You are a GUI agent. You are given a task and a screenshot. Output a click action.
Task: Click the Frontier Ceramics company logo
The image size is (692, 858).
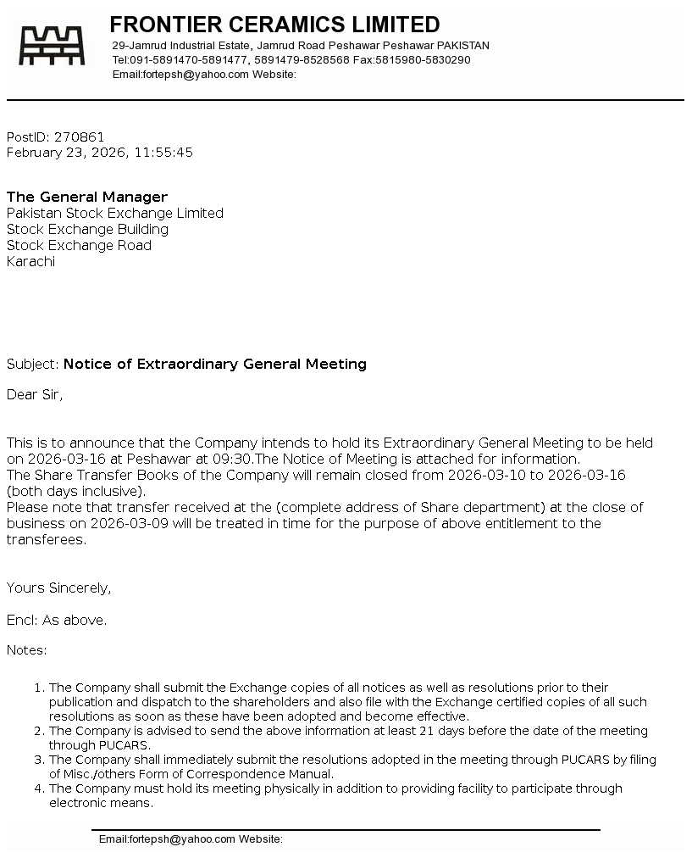coord(53,46)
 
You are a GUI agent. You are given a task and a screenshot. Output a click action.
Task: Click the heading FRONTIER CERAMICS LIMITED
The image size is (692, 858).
coord(274,25)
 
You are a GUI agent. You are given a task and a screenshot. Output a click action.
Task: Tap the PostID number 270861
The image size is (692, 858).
coord(80,136)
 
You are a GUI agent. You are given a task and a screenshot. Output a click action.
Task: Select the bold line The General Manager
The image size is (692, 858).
coord(87,197)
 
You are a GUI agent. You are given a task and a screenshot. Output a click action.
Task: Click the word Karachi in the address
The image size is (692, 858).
coord(30,261)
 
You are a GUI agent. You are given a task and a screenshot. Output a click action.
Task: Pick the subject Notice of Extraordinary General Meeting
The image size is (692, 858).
coord(215,364)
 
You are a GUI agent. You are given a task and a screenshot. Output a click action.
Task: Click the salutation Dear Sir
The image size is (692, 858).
coord(34,394)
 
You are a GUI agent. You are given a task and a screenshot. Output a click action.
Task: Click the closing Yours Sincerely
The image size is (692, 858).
coord(58,588)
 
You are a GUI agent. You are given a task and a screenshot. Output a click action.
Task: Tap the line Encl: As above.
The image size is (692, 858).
coord(57,620)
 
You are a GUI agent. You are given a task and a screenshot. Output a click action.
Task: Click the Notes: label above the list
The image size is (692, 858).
coord(27,650)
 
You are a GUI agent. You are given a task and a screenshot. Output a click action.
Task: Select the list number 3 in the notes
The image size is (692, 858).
coord(39,760)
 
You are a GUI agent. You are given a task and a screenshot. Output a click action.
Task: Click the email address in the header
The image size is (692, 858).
coord(196,75)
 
